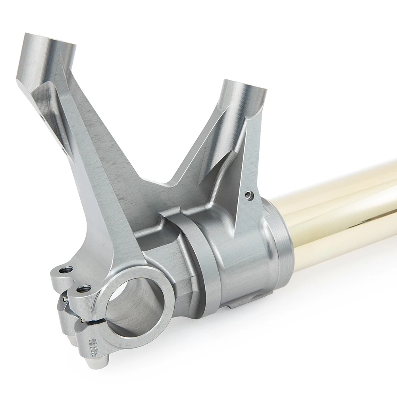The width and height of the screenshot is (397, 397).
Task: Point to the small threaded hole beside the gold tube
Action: (249, 195)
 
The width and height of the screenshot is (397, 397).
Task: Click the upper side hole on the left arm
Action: (42, 117)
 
